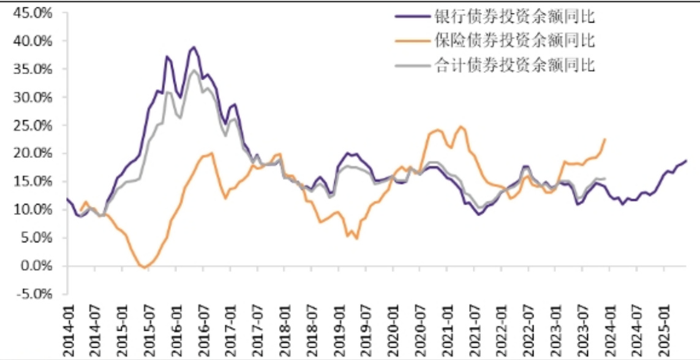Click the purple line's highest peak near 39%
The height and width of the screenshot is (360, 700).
click(x=194, y=47)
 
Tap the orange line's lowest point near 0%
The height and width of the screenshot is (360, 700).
click(x=144, y=268)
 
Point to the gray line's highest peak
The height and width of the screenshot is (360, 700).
click(x=194, y=70)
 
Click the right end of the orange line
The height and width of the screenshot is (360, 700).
click(x=605, y=139)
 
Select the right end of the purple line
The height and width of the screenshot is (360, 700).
click(x=686, y=160)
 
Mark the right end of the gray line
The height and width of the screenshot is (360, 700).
click(x=605, y=179)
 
